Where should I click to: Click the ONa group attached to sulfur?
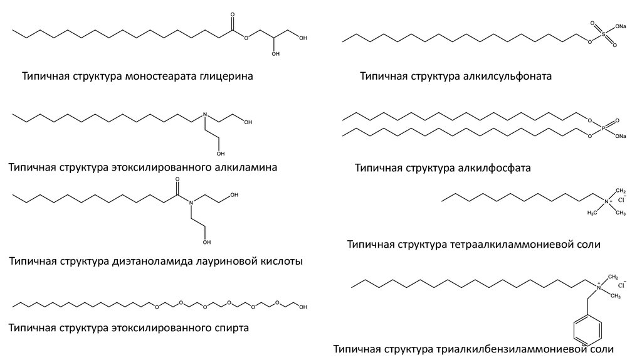click(x=620, y=27)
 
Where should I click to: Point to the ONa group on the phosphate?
click(x=620, y=135)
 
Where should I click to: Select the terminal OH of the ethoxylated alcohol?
click(x=304, y=307)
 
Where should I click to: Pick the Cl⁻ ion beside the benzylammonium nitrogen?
click(x=623, y=285)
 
